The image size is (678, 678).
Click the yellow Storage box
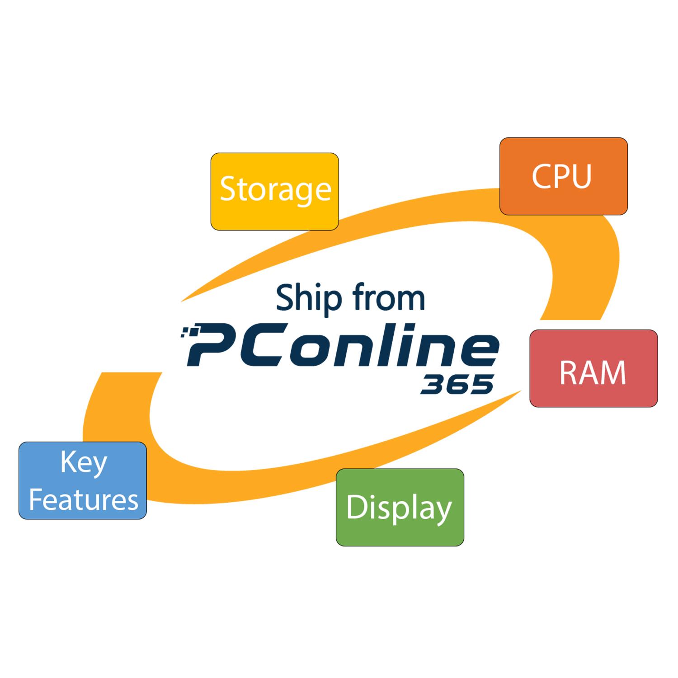(x=275, y=192)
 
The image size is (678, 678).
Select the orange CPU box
(x=564, y=176)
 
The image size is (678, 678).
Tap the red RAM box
(x=593, y=368)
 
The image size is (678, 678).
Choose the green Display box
(x=400, y=507)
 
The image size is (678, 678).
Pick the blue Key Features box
(x=83, y=480)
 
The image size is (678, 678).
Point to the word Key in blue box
(x=84, y=463)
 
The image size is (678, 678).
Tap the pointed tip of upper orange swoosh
(x=182, y=301)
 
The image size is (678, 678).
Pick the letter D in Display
(x=356, y=507)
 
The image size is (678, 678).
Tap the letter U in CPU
(x=581, y=176)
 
